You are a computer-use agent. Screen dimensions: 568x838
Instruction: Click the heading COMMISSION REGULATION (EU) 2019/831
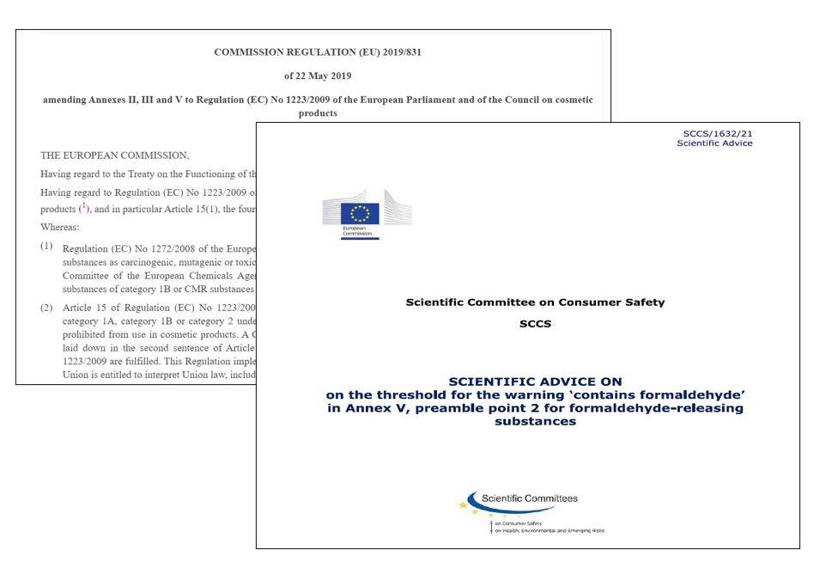[317, 52]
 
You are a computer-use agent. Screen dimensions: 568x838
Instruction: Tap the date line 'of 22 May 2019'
[317, 76]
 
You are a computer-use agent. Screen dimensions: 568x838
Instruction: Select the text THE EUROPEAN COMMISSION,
[114, 156]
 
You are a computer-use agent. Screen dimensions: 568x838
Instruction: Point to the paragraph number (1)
[46, 247]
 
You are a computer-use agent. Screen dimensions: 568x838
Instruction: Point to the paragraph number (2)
[46, 307]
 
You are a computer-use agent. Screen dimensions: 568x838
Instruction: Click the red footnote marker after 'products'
[83, 207]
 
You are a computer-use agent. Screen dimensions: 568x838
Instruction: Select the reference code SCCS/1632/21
[718, 133]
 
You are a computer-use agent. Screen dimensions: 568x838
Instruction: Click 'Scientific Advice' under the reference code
[714, 143]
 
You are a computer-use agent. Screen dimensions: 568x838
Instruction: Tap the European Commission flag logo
[360, 215]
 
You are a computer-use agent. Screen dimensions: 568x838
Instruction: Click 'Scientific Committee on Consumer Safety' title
[534, 302]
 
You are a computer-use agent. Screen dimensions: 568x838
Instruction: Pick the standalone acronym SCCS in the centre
[535, 324]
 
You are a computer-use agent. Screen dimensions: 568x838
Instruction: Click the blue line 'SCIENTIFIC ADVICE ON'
[535, 381]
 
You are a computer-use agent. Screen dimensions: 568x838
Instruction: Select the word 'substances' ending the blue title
[534, 422]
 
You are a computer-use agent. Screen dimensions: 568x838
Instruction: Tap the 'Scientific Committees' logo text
[530, 498]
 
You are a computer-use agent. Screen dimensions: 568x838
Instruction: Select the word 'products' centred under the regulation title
[317, 113]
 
